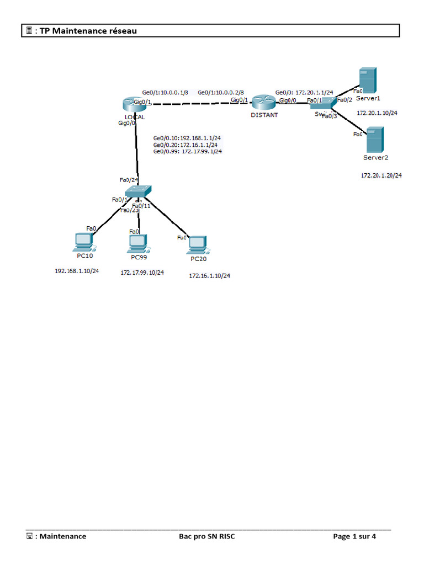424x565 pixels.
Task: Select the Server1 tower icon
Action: [x=367, y=81]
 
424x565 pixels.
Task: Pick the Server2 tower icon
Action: [x=375, y=140]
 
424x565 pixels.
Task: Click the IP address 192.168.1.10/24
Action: [x=77, y=271]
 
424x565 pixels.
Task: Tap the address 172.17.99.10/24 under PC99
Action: [x=142, y=273]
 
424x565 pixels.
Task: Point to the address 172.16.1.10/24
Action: [x=210, y=275]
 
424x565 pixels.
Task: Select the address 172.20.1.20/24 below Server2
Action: [x=381, y=175]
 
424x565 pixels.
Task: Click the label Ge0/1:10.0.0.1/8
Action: [x=165, y=92]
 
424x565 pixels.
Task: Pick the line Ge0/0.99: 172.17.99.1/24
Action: [x=188, y=151]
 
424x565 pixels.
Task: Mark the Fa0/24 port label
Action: [x=129, y=180]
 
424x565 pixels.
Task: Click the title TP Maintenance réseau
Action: [x=88, y=31]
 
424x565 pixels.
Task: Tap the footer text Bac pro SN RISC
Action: [x=206, y=536]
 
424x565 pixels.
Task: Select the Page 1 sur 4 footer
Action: [x=354, y=536]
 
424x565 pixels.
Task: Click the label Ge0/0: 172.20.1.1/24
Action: [x=304, y=92]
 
